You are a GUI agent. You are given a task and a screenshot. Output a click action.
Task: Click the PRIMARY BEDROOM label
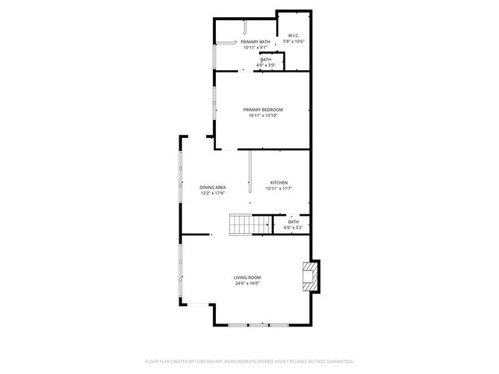(263, 110)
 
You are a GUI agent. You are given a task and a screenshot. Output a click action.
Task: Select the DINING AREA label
(213, 188)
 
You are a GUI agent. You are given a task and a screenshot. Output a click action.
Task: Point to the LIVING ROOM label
(247, 278)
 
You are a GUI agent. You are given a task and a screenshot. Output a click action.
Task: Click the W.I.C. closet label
(293, 36)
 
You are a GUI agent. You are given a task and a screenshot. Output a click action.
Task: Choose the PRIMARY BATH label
(255, 41)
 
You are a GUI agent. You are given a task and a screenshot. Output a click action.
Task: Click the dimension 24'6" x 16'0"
(247, 284)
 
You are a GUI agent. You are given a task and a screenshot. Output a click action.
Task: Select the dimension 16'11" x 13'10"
(263, 115)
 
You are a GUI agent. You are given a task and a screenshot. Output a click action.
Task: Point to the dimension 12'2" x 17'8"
(213, 193)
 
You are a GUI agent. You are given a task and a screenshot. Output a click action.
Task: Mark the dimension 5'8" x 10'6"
(293, 41)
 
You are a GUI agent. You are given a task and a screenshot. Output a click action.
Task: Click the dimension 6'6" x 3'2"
(293, 228)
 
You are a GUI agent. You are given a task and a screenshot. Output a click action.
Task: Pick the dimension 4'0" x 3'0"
(267, 65)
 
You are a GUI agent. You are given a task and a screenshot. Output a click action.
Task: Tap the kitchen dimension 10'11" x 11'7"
(278, 189)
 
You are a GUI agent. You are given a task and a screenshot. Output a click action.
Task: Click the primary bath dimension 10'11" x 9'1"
(255, 47)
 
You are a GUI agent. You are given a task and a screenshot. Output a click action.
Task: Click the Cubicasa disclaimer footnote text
(249, 362)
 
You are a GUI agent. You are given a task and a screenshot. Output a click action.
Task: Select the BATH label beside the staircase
(293, 222)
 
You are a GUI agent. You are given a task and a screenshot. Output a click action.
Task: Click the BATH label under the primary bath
(267, 59)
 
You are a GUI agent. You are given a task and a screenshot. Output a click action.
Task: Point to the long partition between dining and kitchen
(249, 172)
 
